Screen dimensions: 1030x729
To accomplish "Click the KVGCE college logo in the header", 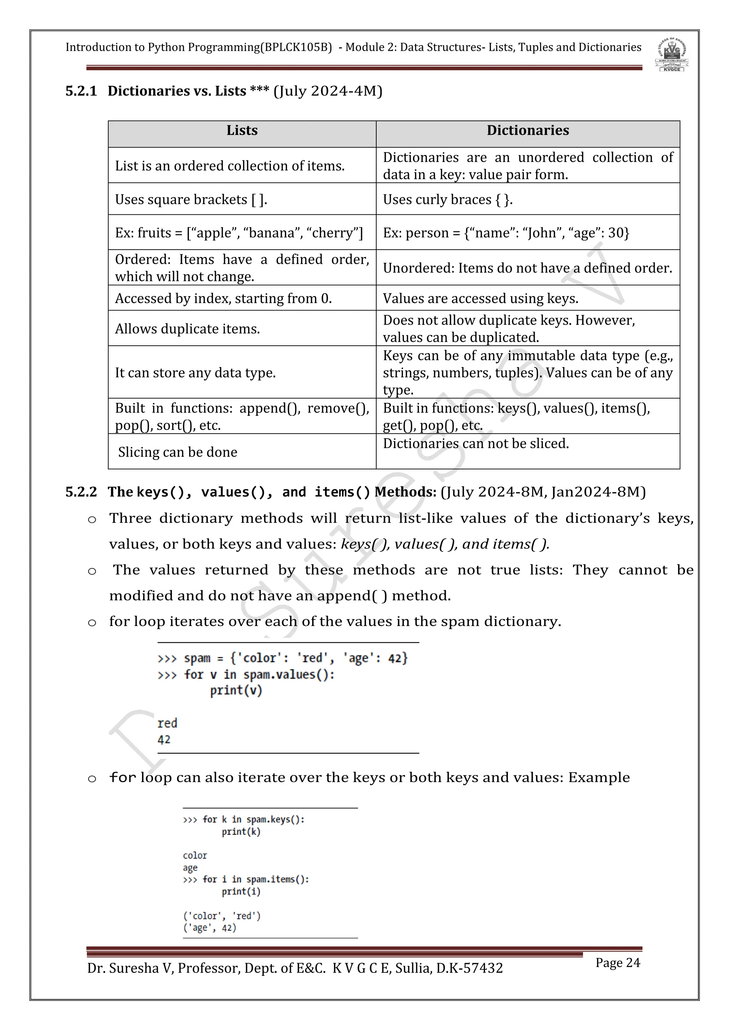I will [672, 55].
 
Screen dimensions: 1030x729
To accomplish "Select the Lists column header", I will [242, 131].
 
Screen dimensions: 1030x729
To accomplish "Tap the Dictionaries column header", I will [528, 131].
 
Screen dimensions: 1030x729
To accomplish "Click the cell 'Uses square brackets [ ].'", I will [191, 199].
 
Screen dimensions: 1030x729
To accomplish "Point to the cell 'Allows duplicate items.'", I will [188, 329].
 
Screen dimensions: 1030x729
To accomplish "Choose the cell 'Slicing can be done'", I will [178, 452].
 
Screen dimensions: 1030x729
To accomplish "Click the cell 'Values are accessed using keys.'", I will [480, 298].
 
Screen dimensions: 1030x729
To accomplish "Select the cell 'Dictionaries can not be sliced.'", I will [476, 444].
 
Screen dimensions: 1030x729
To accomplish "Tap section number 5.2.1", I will [81, 91].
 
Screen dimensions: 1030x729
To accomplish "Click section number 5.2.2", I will [81, 492].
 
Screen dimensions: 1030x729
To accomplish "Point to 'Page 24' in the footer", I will [618, 963].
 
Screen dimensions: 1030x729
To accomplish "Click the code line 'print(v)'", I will [236, 690].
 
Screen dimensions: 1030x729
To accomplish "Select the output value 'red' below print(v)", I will [167, 723].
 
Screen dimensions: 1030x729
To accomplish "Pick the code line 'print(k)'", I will [241, 832].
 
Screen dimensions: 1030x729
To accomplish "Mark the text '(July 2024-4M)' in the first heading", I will [328, 91].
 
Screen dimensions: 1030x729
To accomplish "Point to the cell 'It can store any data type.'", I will [195, 373].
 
